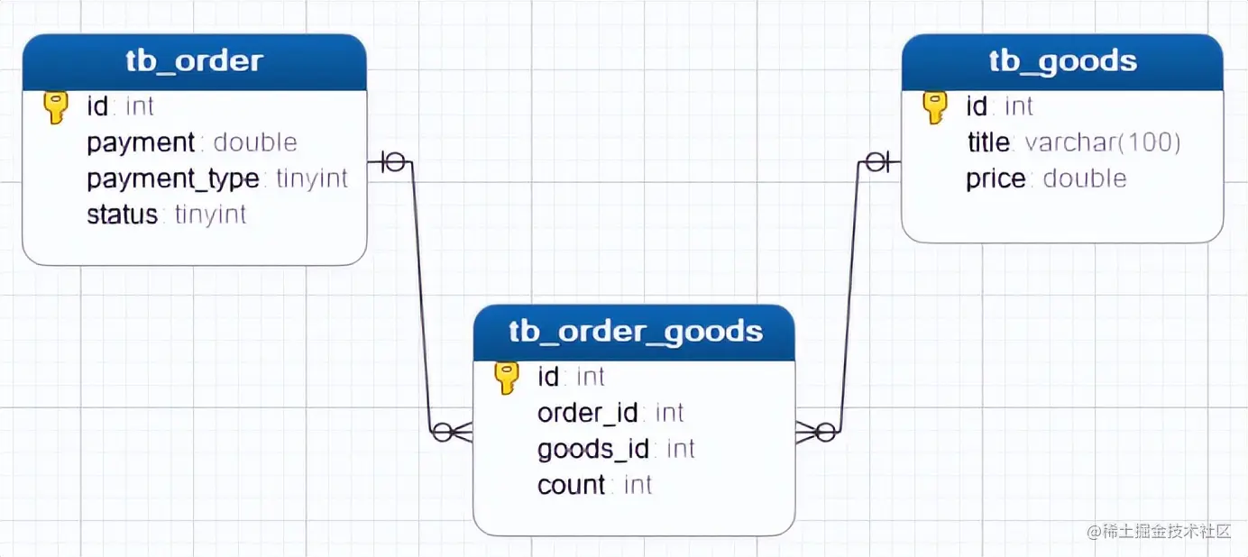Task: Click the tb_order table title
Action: [194, 61]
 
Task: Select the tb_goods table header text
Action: [1062, 61]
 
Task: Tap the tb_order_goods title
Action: [635, 332]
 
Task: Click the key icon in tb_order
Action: [56, 107]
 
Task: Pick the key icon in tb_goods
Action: [935, 107]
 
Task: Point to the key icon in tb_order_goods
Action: [508, 378]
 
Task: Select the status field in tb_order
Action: [123, 215]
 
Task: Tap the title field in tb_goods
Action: [989, 142]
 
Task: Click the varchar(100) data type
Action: [1103, 142]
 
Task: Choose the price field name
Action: [996, 178]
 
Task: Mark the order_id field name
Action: [588, 413]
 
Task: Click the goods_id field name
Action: [593, 449]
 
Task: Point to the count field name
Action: [572, 485]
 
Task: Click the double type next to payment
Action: [255, 142]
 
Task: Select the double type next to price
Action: [1085, 178]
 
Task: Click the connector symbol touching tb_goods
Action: [876, 162]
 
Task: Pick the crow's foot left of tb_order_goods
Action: [453, 433]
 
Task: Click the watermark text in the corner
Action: [1158, 532]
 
